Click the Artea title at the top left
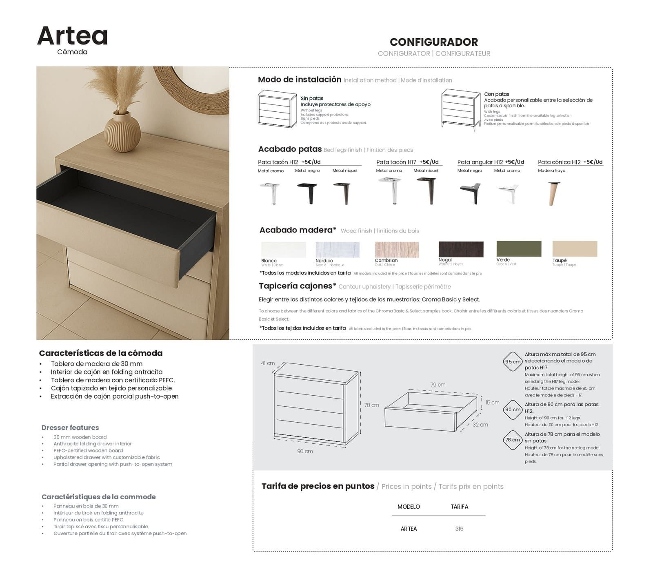pos(72,36)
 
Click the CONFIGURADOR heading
pos(433,42)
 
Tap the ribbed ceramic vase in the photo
pos(122,132)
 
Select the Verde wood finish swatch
pos(519,249)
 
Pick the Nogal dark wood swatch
pos(461,249)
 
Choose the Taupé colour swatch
pos(575,249)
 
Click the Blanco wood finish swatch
pos(283,250)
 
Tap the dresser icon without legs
pos(277,109)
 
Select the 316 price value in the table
pos(459,529)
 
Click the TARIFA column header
pos(459,507)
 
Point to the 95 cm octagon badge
pos(513,361)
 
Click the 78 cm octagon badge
pos(513,440)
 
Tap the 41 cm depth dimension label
pos(268,363)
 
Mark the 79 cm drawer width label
pos(438,385)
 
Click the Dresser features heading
pos(70,428)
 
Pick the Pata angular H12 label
pos(480,162)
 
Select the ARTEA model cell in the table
pos(409,529)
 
